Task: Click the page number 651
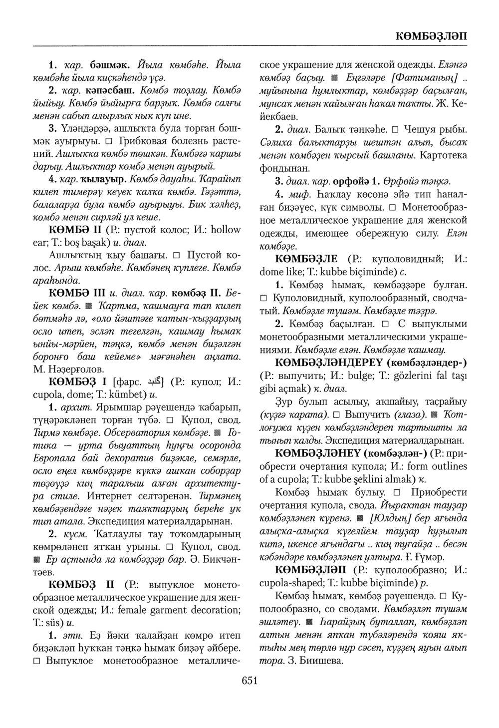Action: pyautogui.click(x=249, y=680)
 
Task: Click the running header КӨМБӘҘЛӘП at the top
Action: pyautogui.click(x=431, y=36)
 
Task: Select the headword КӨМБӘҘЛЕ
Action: pyautogui.click(x=306, y=259)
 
